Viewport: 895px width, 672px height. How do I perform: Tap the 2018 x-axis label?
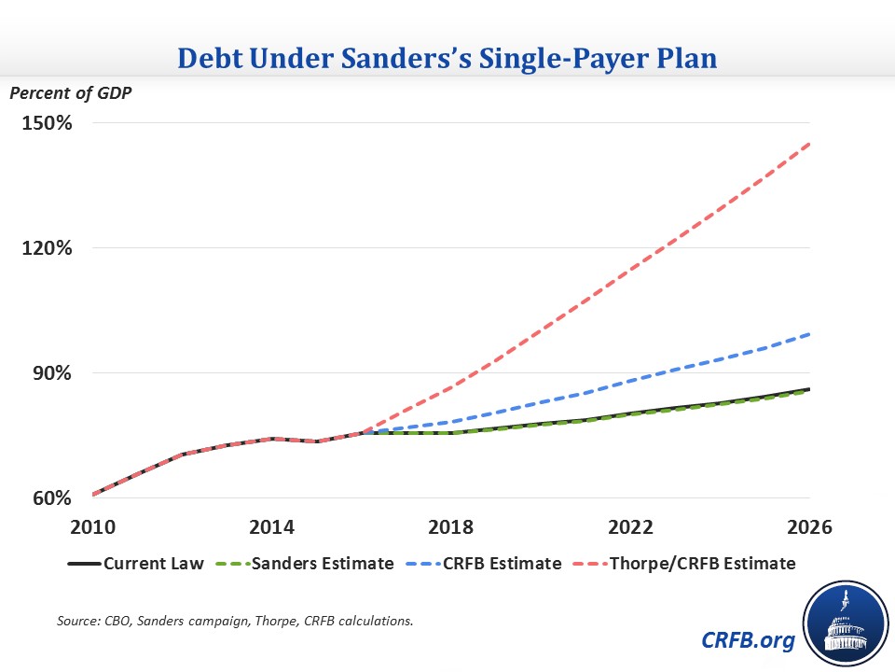coord(452,525)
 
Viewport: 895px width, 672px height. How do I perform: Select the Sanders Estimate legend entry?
coord(307,564)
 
